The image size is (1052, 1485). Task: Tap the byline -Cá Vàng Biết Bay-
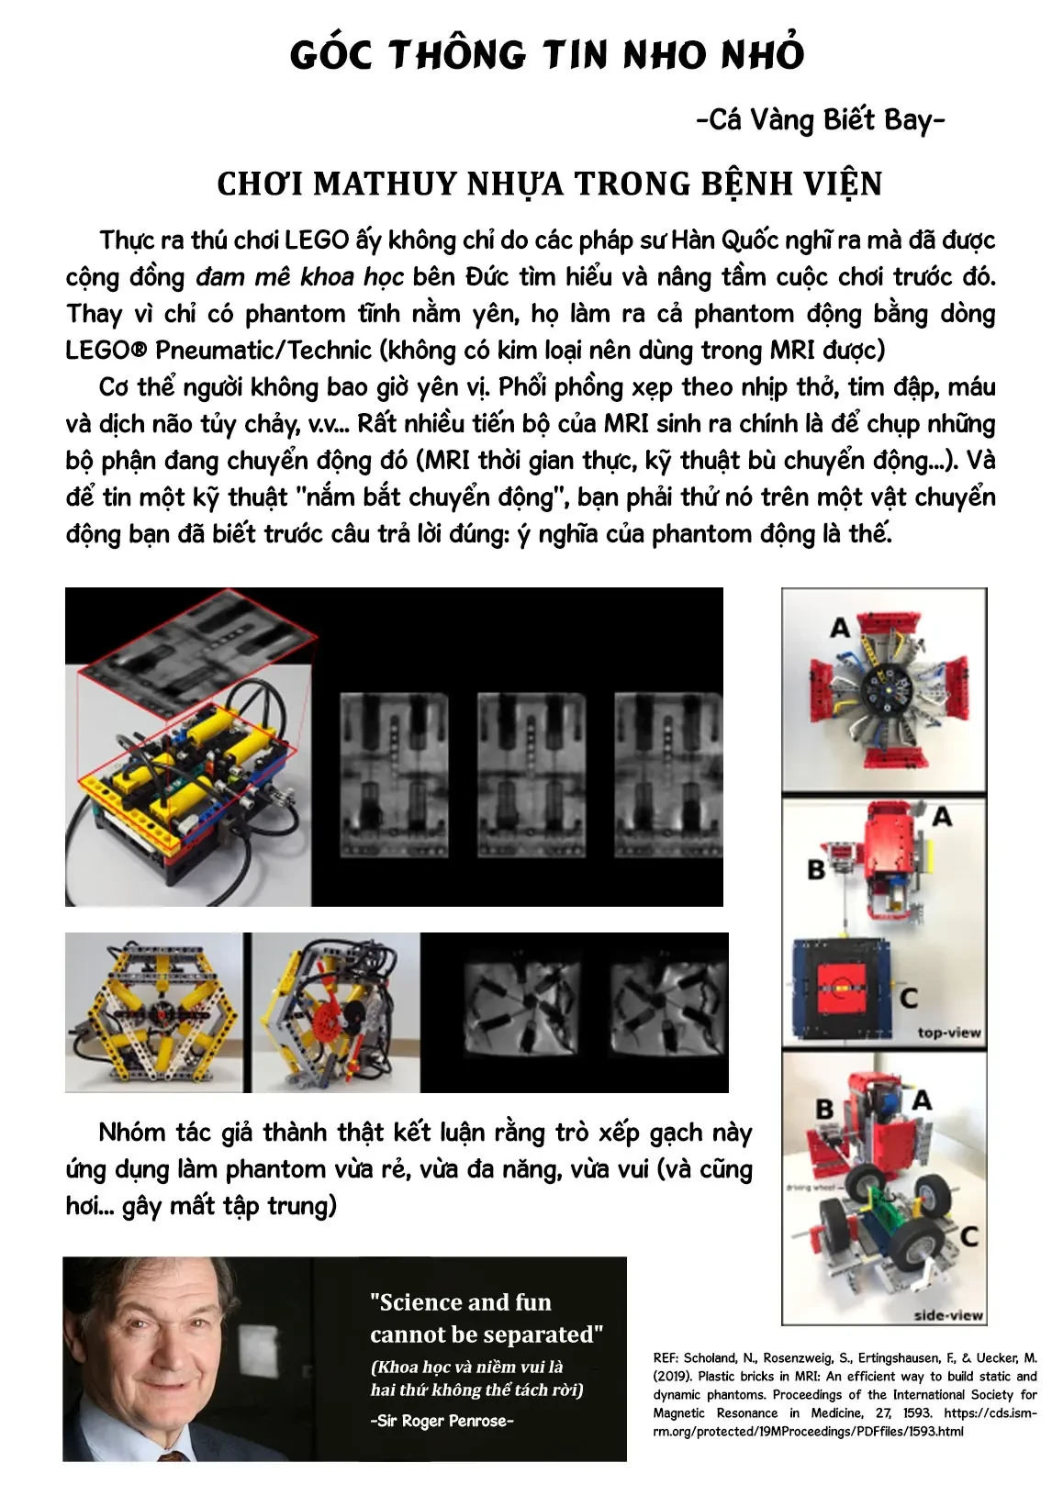pos(821,120)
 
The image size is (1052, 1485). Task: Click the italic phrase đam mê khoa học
pos(299,277)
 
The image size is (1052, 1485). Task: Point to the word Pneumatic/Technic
pos(263,350)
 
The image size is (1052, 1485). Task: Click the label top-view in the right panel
pos(948,1033)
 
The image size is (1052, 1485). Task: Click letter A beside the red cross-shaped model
pos(840,627)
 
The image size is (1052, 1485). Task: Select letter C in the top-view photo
pos(908,997)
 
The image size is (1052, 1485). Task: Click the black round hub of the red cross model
pos(886,691)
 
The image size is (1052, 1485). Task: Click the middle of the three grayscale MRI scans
pos(531,775)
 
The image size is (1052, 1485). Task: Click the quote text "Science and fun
pos(461,1302)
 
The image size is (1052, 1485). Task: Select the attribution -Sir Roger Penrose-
pos(442,1420)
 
